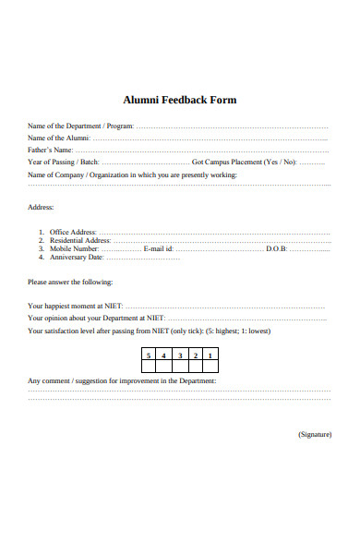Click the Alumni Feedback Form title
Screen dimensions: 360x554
coord(180,100)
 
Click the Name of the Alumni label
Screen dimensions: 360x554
coord(60,138)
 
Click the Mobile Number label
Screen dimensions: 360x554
coord(74,248)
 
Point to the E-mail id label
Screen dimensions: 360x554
coord(158,248)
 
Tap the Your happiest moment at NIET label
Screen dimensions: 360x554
coord(75,306)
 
